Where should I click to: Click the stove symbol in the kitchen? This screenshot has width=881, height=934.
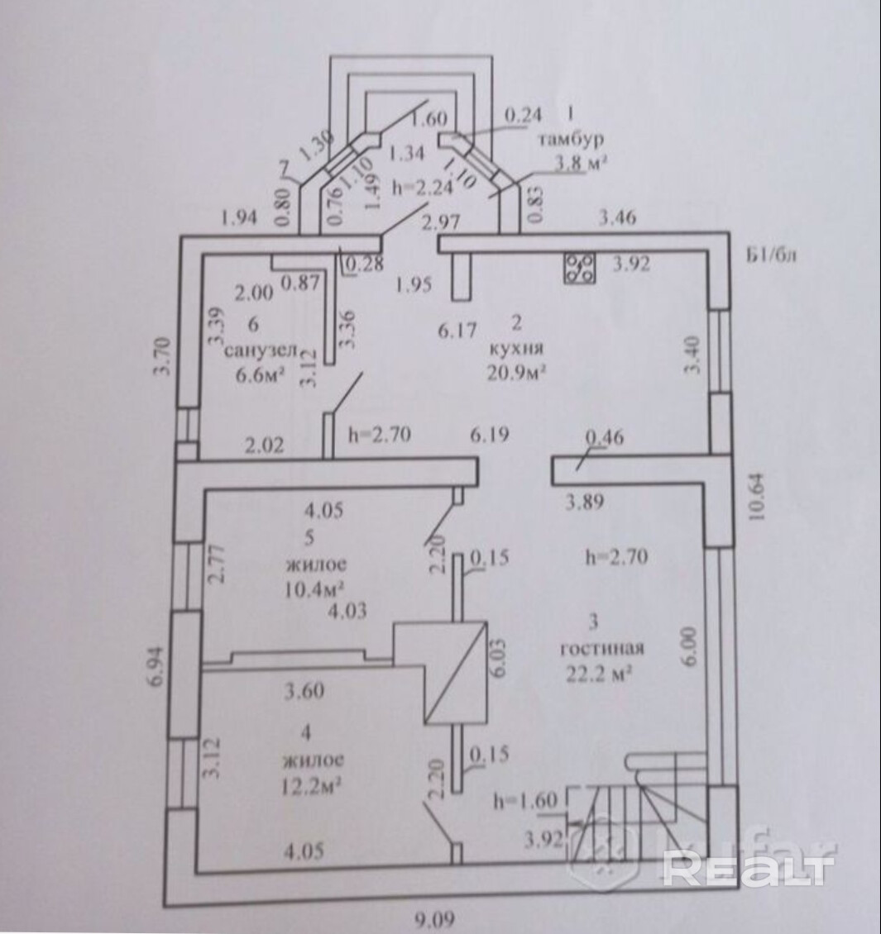[581, 267]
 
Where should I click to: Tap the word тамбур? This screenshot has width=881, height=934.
[571, 138]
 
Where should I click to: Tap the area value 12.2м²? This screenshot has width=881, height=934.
[313, 783]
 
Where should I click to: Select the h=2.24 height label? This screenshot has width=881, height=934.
[424, 188]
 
